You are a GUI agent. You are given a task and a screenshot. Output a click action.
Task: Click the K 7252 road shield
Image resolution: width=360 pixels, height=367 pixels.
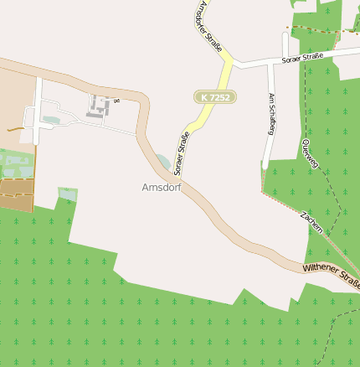(x=215, y=97)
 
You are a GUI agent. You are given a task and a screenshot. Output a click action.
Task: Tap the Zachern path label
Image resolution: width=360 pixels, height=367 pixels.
(x=311, y=222)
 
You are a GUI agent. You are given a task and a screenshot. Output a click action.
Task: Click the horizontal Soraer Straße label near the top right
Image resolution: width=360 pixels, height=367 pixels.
(x=302, y=58)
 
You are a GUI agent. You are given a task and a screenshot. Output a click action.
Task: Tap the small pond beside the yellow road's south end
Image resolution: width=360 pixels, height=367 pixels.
(x=162, y=160)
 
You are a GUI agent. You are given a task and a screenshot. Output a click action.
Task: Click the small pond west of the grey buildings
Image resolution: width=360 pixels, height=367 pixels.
(x=51, y=120)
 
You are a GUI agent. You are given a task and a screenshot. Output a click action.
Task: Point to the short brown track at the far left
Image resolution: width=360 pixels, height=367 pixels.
(x=13, y=130)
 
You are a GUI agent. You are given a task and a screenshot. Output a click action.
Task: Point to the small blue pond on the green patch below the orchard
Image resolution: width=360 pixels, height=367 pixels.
(x=67, y=194)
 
